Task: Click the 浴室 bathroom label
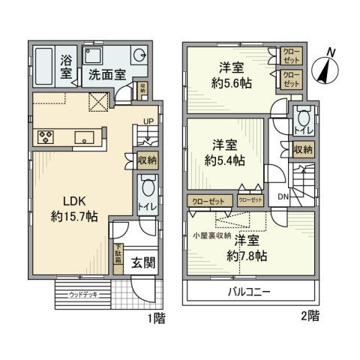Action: click(x=66, y=67)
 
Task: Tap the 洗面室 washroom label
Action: click(x=106, y=74)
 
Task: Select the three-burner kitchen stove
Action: click(x=42, y=136)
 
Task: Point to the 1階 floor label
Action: click(x=156, y=319)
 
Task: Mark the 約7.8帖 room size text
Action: click(x=248, y=256)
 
